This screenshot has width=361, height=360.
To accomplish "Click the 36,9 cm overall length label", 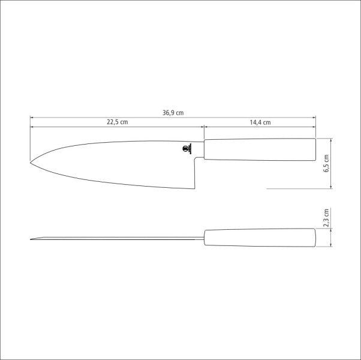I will click(x=173, y=112).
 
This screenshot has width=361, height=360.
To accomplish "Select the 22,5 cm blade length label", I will click(x=118, y=122).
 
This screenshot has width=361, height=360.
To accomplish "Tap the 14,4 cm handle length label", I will click(x=260, y=122).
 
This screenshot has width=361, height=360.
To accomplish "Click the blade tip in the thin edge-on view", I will click(x=31, y=240).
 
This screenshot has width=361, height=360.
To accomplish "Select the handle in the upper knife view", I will click(x=260, y=149).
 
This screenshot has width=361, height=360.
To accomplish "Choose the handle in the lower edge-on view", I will click(x=260, y=238).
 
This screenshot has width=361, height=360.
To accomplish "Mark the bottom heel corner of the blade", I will click(x=194, y=188).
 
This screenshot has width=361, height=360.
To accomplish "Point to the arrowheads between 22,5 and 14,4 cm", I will click(x=204, y=127).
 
